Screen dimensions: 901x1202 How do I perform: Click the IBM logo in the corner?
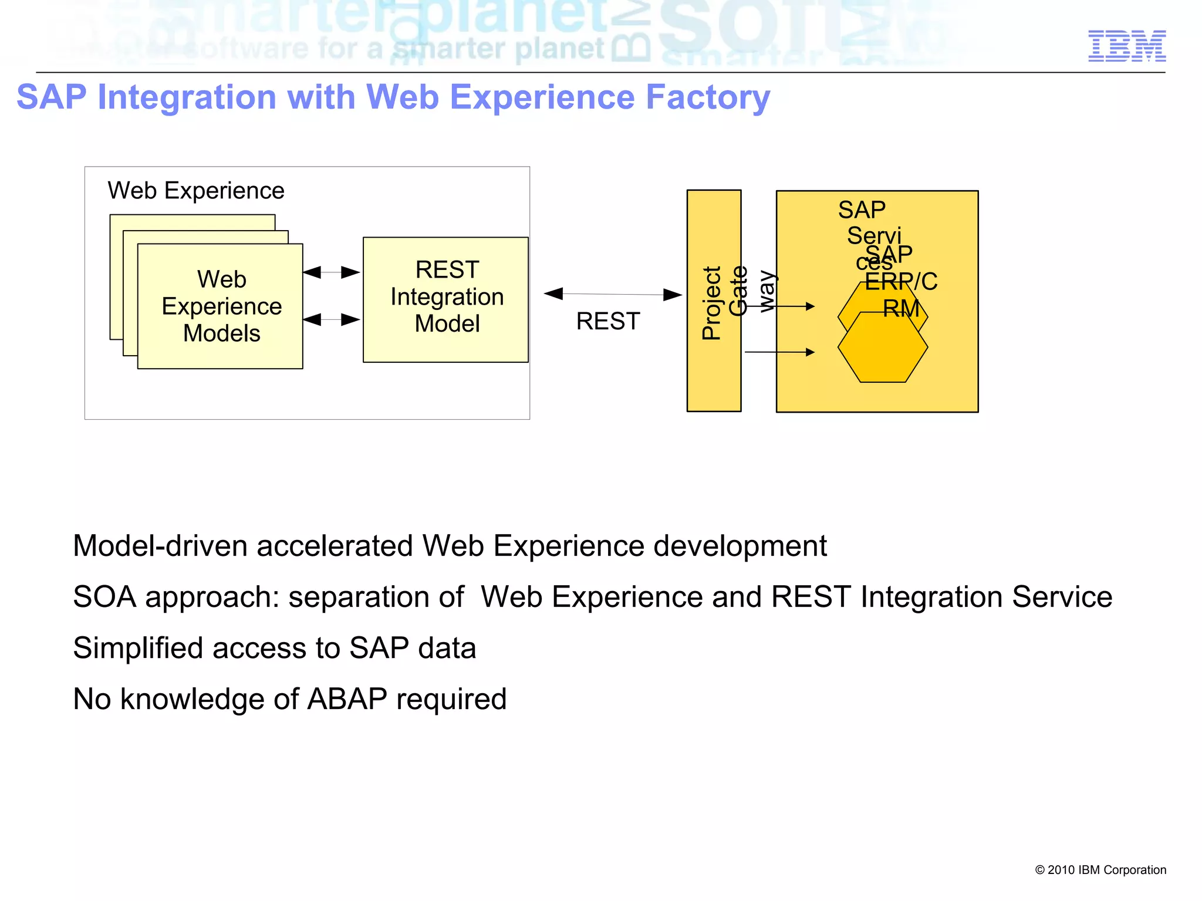pos(1127,46)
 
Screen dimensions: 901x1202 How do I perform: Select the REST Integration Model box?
pos(446,299)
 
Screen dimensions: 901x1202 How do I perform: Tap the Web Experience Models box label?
pos(221,306)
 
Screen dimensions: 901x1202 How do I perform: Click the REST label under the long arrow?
pos(607,321)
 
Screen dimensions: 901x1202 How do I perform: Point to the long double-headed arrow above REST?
pos(613,294)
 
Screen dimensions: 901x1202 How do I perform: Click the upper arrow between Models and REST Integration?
pos(332,272)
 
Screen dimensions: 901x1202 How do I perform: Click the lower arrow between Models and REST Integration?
pos(332,319)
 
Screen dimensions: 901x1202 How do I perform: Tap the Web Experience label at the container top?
pos(196,191)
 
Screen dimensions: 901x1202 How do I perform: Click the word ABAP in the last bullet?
pos(347,699)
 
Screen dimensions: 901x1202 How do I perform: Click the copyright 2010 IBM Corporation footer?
pos(1100,870)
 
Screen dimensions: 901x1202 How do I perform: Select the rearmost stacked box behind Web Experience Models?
pos(192,222)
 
